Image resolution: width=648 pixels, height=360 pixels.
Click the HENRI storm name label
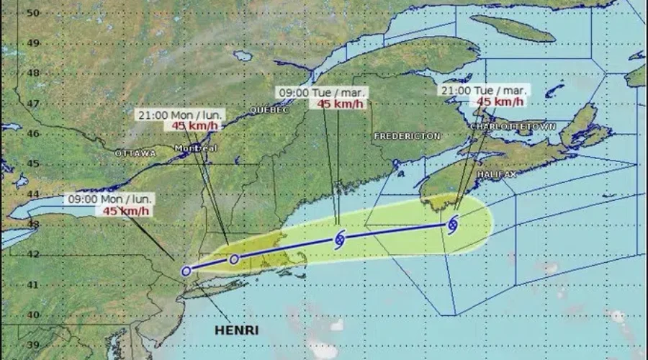[237, 331]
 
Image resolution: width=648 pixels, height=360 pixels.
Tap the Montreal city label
[197, 148]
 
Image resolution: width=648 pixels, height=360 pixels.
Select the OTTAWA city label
[135, 153]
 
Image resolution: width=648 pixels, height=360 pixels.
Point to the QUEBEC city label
[269, 110]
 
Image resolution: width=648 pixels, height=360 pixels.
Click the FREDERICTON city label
[407, 136]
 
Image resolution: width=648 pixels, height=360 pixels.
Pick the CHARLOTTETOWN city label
[513, 127]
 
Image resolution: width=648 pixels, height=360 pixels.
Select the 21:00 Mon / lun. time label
[179, 114]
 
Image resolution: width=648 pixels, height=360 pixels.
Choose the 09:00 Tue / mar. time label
[323, 92]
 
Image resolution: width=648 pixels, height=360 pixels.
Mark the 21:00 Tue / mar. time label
[484, 91]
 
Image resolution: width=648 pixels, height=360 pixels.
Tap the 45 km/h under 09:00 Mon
[126, 210]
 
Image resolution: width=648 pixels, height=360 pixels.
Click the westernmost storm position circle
[186, 271]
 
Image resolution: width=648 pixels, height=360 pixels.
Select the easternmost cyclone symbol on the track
[452, 225]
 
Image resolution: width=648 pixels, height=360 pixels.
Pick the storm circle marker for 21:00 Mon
[233, 259]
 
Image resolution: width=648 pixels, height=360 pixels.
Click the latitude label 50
[32, 13]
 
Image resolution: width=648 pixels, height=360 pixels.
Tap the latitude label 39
[32, 345]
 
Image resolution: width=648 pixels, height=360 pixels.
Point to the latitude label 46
[32, 134]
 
